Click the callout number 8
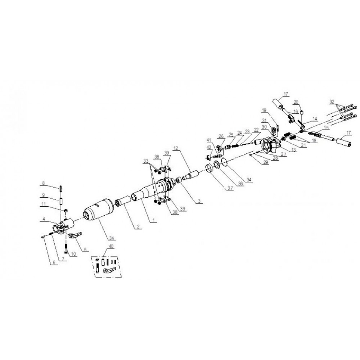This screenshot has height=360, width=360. coord(43,183)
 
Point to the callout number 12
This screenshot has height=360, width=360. coord(176,148)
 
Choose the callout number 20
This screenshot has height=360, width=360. coord(296,101)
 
